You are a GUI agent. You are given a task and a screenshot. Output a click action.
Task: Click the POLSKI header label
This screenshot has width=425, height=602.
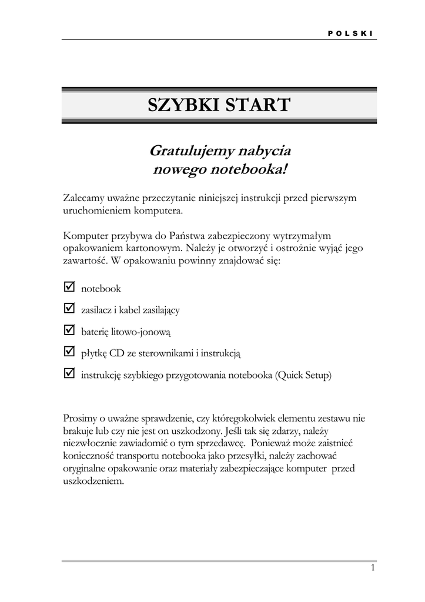tap(350, 33)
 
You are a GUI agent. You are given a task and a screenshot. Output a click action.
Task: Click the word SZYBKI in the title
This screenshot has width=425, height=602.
tap(182, 105)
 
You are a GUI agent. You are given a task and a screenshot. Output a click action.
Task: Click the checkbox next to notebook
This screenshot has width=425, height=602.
tap(68, 287)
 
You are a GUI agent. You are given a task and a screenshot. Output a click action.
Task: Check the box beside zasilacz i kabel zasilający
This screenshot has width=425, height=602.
tap(68, 308)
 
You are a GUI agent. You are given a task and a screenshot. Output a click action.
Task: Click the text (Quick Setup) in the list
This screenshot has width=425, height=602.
tap(303, 374)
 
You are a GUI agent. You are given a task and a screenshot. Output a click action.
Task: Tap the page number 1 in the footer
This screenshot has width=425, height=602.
tap(372, 568)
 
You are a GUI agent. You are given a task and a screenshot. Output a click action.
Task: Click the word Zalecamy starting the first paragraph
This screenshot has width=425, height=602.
tap(83, 198)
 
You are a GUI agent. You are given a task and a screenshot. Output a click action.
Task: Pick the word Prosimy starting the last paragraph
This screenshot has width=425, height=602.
tap(81, 418)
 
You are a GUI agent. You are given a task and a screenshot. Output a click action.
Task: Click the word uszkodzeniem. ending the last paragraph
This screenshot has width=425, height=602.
tap(93, 480)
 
